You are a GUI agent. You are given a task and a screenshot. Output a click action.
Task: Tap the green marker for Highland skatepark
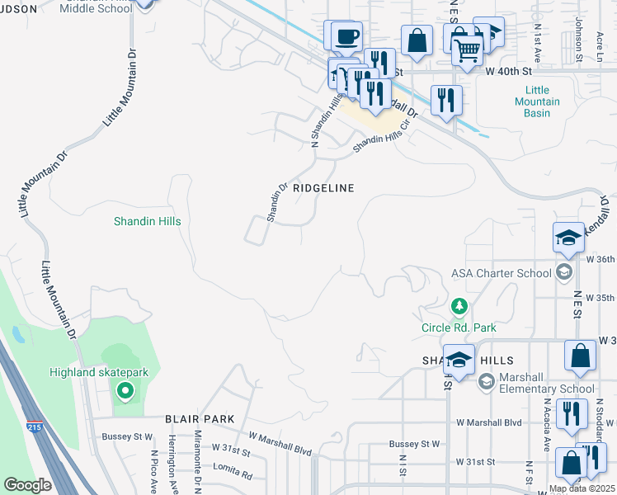[x=125, y=390]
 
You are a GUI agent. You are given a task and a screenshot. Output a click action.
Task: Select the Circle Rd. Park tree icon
[x=459, y=308]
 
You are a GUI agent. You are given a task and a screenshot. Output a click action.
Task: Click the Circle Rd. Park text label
[x=459, y=328]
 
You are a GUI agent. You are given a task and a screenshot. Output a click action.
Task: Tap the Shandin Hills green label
[x=147, y=222]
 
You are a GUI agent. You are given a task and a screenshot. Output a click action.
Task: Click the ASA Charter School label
[x=502, y=273]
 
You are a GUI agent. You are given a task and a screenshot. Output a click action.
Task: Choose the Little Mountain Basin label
[x=542, y=101]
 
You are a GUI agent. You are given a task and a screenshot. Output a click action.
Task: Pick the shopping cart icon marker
[x=468, y=51]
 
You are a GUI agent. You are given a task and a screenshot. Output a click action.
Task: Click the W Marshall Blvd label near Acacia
[x=490, y=422]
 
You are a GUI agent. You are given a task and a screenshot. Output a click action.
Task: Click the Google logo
[x=27, y=485]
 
